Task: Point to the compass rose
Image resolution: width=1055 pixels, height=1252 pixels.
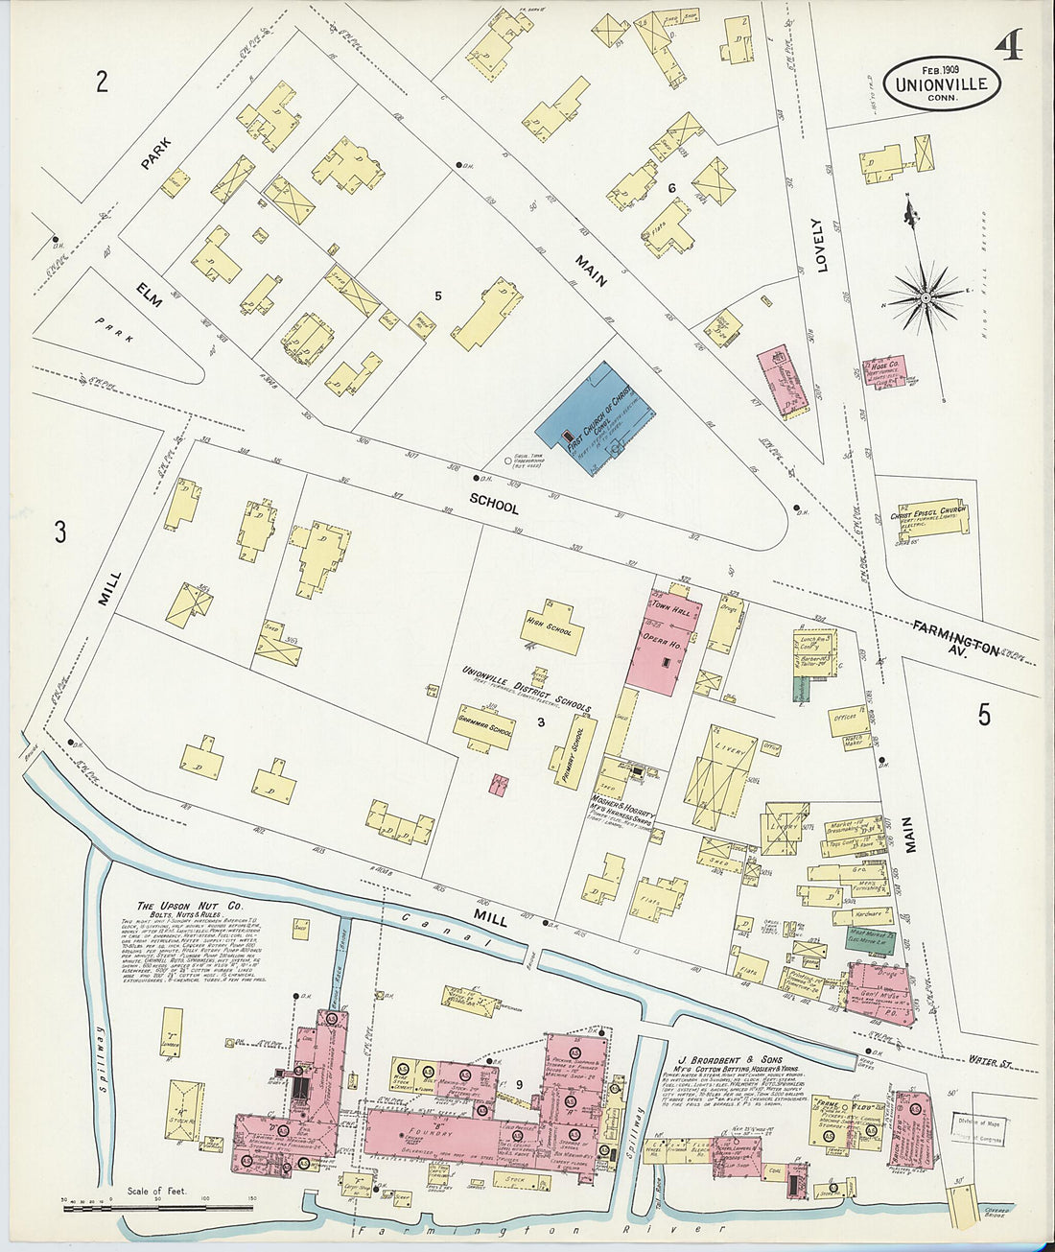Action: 926,297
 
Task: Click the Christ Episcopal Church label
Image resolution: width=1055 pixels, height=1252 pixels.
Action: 934,514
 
